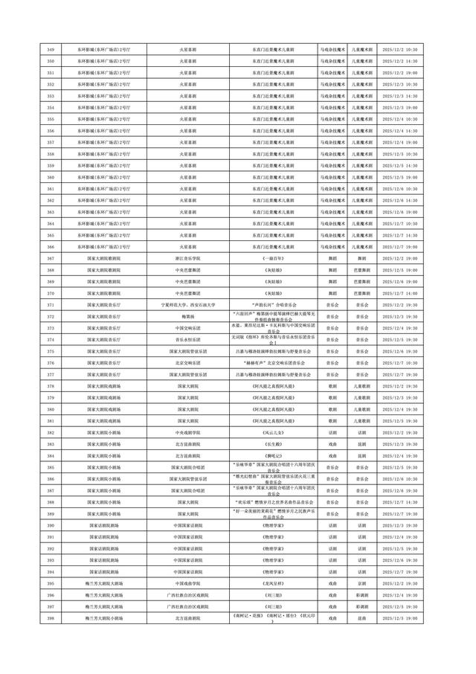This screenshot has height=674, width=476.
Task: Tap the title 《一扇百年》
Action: pos(272,258)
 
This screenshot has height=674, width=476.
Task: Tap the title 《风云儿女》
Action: pos(272,432)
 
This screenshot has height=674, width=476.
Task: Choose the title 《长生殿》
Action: pos(272,443)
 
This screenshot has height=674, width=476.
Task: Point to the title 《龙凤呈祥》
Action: pos(272,583)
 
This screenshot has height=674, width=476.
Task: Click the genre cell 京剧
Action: pos(361,583)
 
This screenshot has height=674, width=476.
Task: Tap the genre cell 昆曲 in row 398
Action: pos(361,618)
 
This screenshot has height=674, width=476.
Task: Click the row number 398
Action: pos(50,618)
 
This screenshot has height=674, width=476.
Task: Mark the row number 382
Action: pos(50,432)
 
